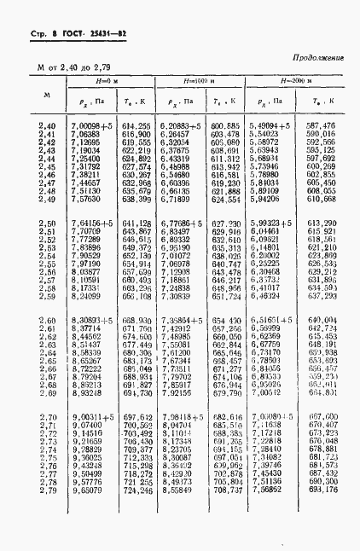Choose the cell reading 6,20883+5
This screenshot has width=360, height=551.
(182, 125)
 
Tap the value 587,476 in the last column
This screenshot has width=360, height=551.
(321, 125)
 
